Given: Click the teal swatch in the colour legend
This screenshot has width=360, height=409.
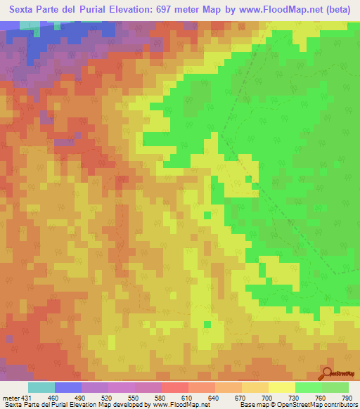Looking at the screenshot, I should (x=41, y=388).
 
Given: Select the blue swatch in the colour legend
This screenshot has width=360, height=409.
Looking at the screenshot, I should (x=68, y=388).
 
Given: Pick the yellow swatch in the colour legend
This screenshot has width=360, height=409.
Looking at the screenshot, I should (x=281, y=388).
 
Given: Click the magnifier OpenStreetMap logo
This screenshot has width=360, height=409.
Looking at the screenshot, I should (x=328, y=373).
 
